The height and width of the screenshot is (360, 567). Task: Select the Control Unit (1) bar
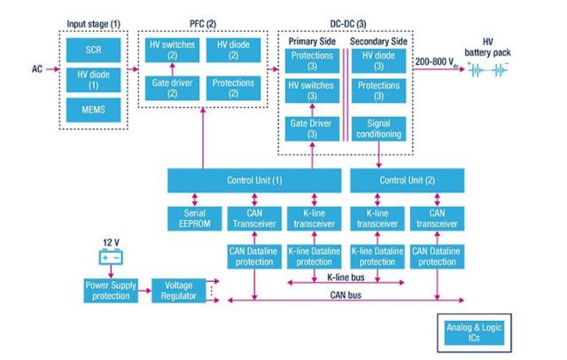tap(252, 182)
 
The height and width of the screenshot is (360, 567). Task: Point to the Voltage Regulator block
tap(181, 289)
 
